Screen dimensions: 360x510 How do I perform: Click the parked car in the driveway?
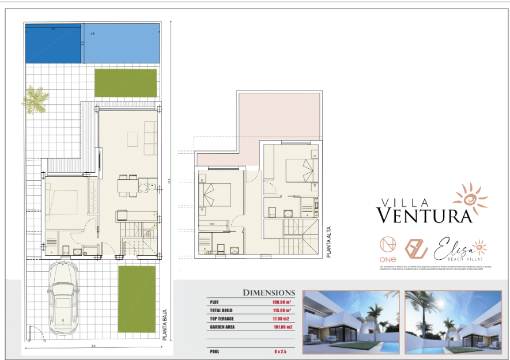click(x=63, y=301)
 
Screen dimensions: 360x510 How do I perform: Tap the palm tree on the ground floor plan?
click(x=36, y=99)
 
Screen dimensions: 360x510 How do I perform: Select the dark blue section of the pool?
click(x=53, y=44)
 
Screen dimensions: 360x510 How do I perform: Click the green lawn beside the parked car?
click(x=137, y=298)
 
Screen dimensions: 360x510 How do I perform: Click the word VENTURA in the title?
click(x=425, y=215)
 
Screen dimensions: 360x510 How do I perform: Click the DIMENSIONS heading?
click(x=269, y=293)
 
